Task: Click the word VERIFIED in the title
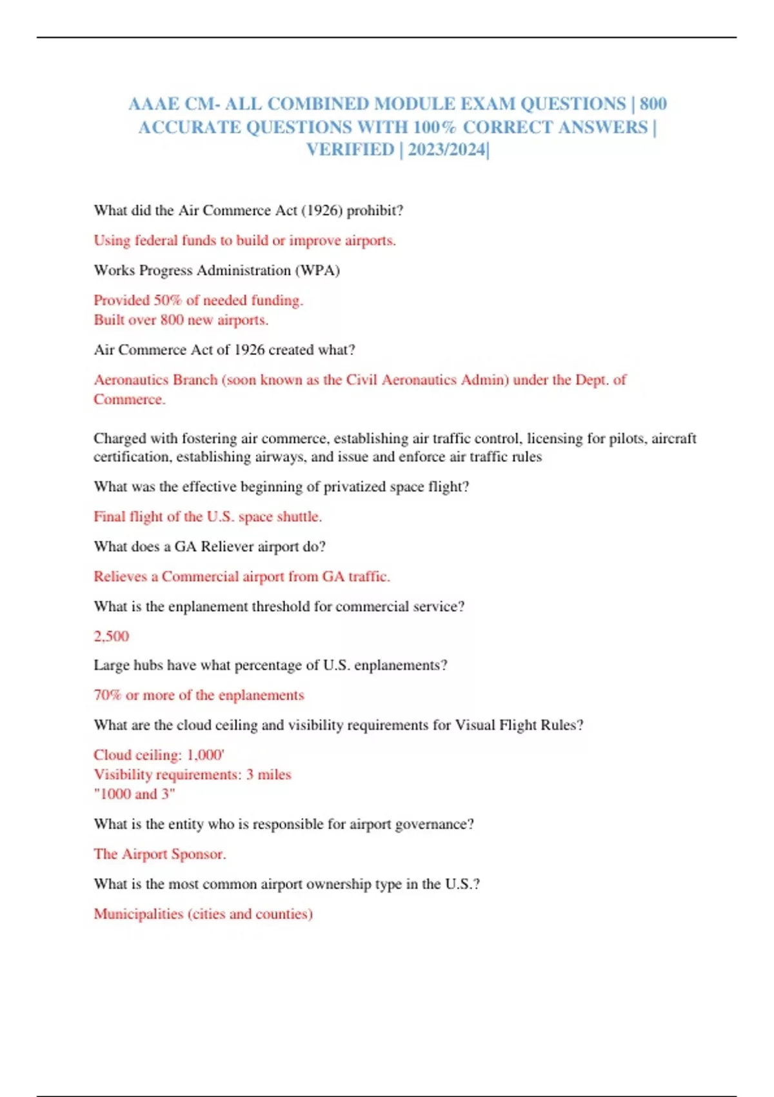[x=350, y=150]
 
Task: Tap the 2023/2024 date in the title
[x=446, y=150]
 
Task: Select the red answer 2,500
[x=111, y=636]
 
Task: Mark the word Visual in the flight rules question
[x=475, y=725]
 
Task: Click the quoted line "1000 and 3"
[x=134, y=794]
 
